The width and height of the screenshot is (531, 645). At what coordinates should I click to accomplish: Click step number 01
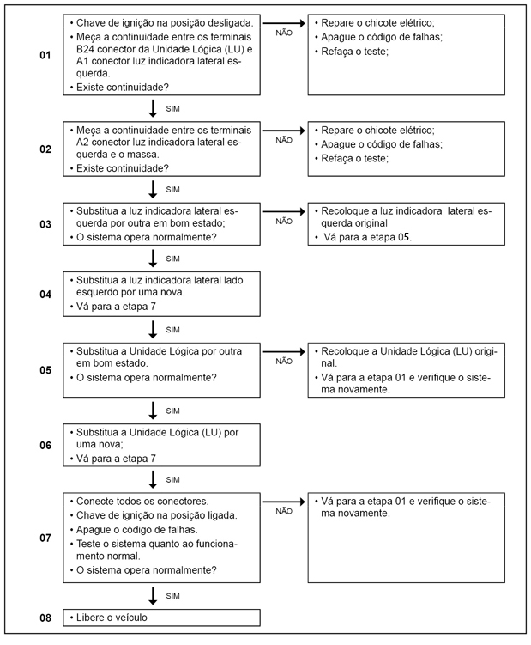[45, 55]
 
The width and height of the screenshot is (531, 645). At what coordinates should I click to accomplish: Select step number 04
[45, 294]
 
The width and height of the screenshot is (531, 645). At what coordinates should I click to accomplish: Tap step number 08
[45, 618]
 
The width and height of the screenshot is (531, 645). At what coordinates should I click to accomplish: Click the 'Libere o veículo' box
[161, 618]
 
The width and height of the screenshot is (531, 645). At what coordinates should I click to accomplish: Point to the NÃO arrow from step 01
[284, 21]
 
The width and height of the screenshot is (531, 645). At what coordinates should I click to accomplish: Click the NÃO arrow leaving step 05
[284, 351]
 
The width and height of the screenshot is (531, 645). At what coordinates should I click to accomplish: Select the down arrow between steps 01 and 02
[153, 108]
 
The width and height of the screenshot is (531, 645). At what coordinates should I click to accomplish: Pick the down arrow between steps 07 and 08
[153, 594]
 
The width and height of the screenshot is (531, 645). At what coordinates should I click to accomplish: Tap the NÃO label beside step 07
[284, 510]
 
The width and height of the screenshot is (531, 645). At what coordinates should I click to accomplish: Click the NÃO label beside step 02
[284, 140]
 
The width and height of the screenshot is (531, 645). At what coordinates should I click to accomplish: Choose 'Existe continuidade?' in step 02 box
[122, 168]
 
